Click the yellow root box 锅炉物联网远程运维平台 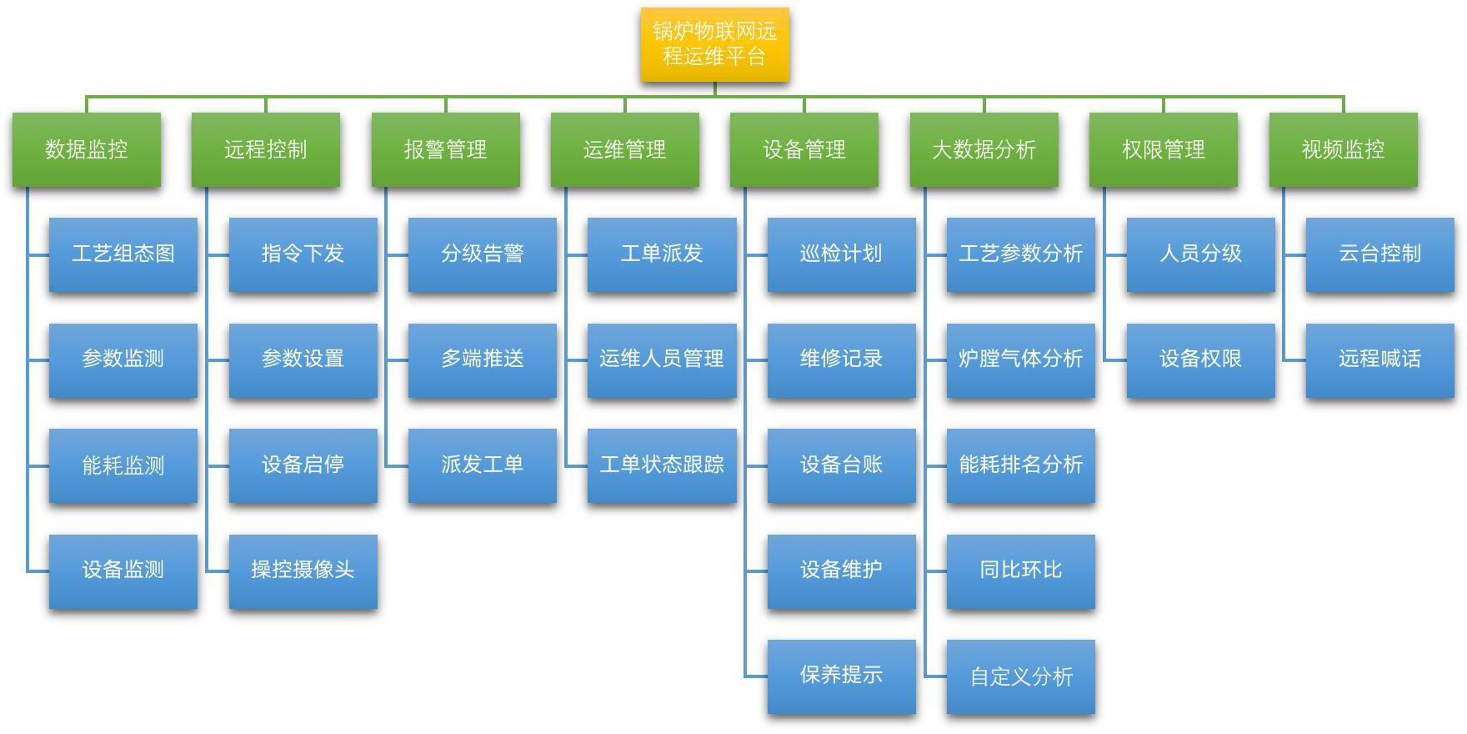[714, 44]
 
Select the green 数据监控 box [86, 149]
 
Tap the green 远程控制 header [266, 149]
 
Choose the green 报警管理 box [445, 149]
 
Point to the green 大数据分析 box [984, 149]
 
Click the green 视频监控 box [1343, 149]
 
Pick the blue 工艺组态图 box [123, 254]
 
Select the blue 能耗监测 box [123, 465]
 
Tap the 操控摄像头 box [303, 571]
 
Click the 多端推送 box [482, 359]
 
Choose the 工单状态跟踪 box [662, 465]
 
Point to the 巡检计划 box [841, 254]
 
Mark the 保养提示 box [841, 676]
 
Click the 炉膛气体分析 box [1020, 359]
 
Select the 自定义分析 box [1020, 676]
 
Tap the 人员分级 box [1200, 254]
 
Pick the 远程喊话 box [1379, 359]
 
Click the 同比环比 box [1020, 571]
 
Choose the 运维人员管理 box [662, 359]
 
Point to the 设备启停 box [303, 465]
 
